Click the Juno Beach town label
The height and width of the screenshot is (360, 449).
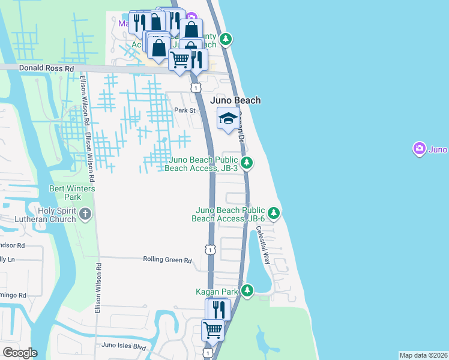tap(235, 100)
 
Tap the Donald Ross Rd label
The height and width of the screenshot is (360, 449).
tap(46, 68)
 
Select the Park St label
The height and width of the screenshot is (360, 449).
tap(185, 110)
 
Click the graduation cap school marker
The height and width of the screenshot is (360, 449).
tap(228, 119)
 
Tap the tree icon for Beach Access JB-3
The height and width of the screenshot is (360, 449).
tap(246, 163)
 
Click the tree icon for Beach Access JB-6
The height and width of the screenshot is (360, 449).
tap(274, 213)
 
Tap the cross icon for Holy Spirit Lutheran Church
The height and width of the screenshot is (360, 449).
tap(85, 213)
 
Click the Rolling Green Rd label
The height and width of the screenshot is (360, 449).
tap(167, 260)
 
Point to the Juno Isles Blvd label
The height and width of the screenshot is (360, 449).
tap(124, 346)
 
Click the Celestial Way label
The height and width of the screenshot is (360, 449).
tap(263, 245)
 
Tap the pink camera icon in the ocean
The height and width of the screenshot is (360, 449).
tap(419, 148)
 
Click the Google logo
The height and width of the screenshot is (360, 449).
tap(20, 353)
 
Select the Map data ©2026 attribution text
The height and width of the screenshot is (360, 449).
tap(424, 355)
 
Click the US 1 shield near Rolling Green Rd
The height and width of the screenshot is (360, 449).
tap(209, 248)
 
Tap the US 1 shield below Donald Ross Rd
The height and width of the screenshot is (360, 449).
tap(196, 88)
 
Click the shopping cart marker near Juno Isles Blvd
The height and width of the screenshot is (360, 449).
tap(212, 329)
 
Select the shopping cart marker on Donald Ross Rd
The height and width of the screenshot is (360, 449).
tap(180, 59)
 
